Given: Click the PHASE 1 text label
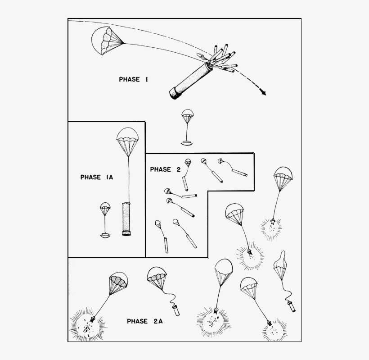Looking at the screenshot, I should [x=134, y=79].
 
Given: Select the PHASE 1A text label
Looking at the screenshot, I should [x=96, y=177].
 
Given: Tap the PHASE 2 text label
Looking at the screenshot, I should [x=165, y=169].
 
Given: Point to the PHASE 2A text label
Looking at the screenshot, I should [x=143, y=321].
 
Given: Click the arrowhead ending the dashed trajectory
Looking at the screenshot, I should [x=263, y=93].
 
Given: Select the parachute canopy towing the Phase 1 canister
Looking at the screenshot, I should [x=106, y=40].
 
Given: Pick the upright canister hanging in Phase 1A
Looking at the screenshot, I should [x=127, y=219].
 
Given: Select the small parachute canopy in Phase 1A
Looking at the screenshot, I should [x=105, y=208].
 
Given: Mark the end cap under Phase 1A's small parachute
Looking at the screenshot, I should [x=105, y=235].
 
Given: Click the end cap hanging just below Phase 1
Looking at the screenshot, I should [x=187, y=143].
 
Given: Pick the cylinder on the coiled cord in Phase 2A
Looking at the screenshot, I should [x=175, y=310].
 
